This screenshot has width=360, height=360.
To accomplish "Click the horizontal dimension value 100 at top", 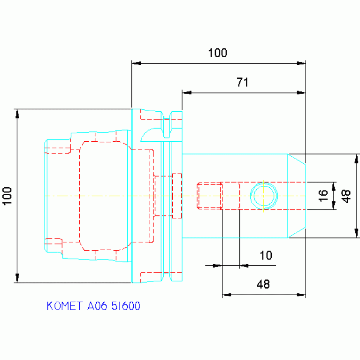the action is pos(217,53).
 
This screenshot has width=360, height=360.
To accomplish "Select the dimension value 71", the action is pos(243,82).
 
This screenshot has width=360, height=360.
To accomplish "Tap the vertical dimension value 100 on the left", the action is pos(8,196).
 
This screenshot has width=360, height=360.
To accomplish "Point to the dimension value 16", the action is pos(323,196).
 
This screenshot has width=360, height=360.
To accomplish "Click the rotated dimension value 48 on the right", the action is pos(346,196).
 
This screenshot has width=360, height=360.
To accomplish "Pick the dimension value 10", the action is pos(266,255).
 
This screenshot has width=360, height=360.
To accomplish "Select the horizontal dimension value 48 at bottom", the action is pos(263,284).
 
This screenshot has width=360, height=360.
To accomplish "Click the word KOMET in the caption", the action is pos(64,306).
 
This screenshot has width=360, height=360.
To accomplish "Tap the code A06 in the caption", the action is pos(97,306).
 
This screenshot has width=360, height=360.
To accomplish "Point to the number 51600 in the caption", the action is pos(126,306).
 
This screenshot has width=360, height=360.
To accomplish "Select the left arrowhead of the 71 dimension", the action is pos(187,93).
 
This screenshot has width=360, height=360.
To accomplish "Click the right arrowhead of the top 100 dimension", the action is pos(301,63).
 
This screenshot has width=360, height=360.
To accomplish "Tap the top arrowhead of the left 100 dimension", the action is pos(17,114).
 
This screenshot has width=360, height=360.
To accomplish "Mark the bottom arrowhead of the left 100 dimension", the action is pos(17,278).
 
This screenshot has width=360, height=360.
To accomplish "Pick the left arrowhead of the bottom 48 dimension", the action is pos(227,295).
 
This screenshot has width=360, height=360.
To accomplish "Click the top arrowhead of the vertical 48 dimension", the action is pos(356,159).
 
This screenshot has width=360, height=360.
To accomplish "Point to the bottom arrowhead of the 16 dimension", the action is pos(334,205).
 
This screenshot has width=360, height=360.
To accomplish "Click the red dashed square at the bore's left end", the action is pos(210,196).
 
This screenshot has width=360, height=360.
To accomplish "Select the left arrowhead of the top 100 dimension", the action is pos(137,63).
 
